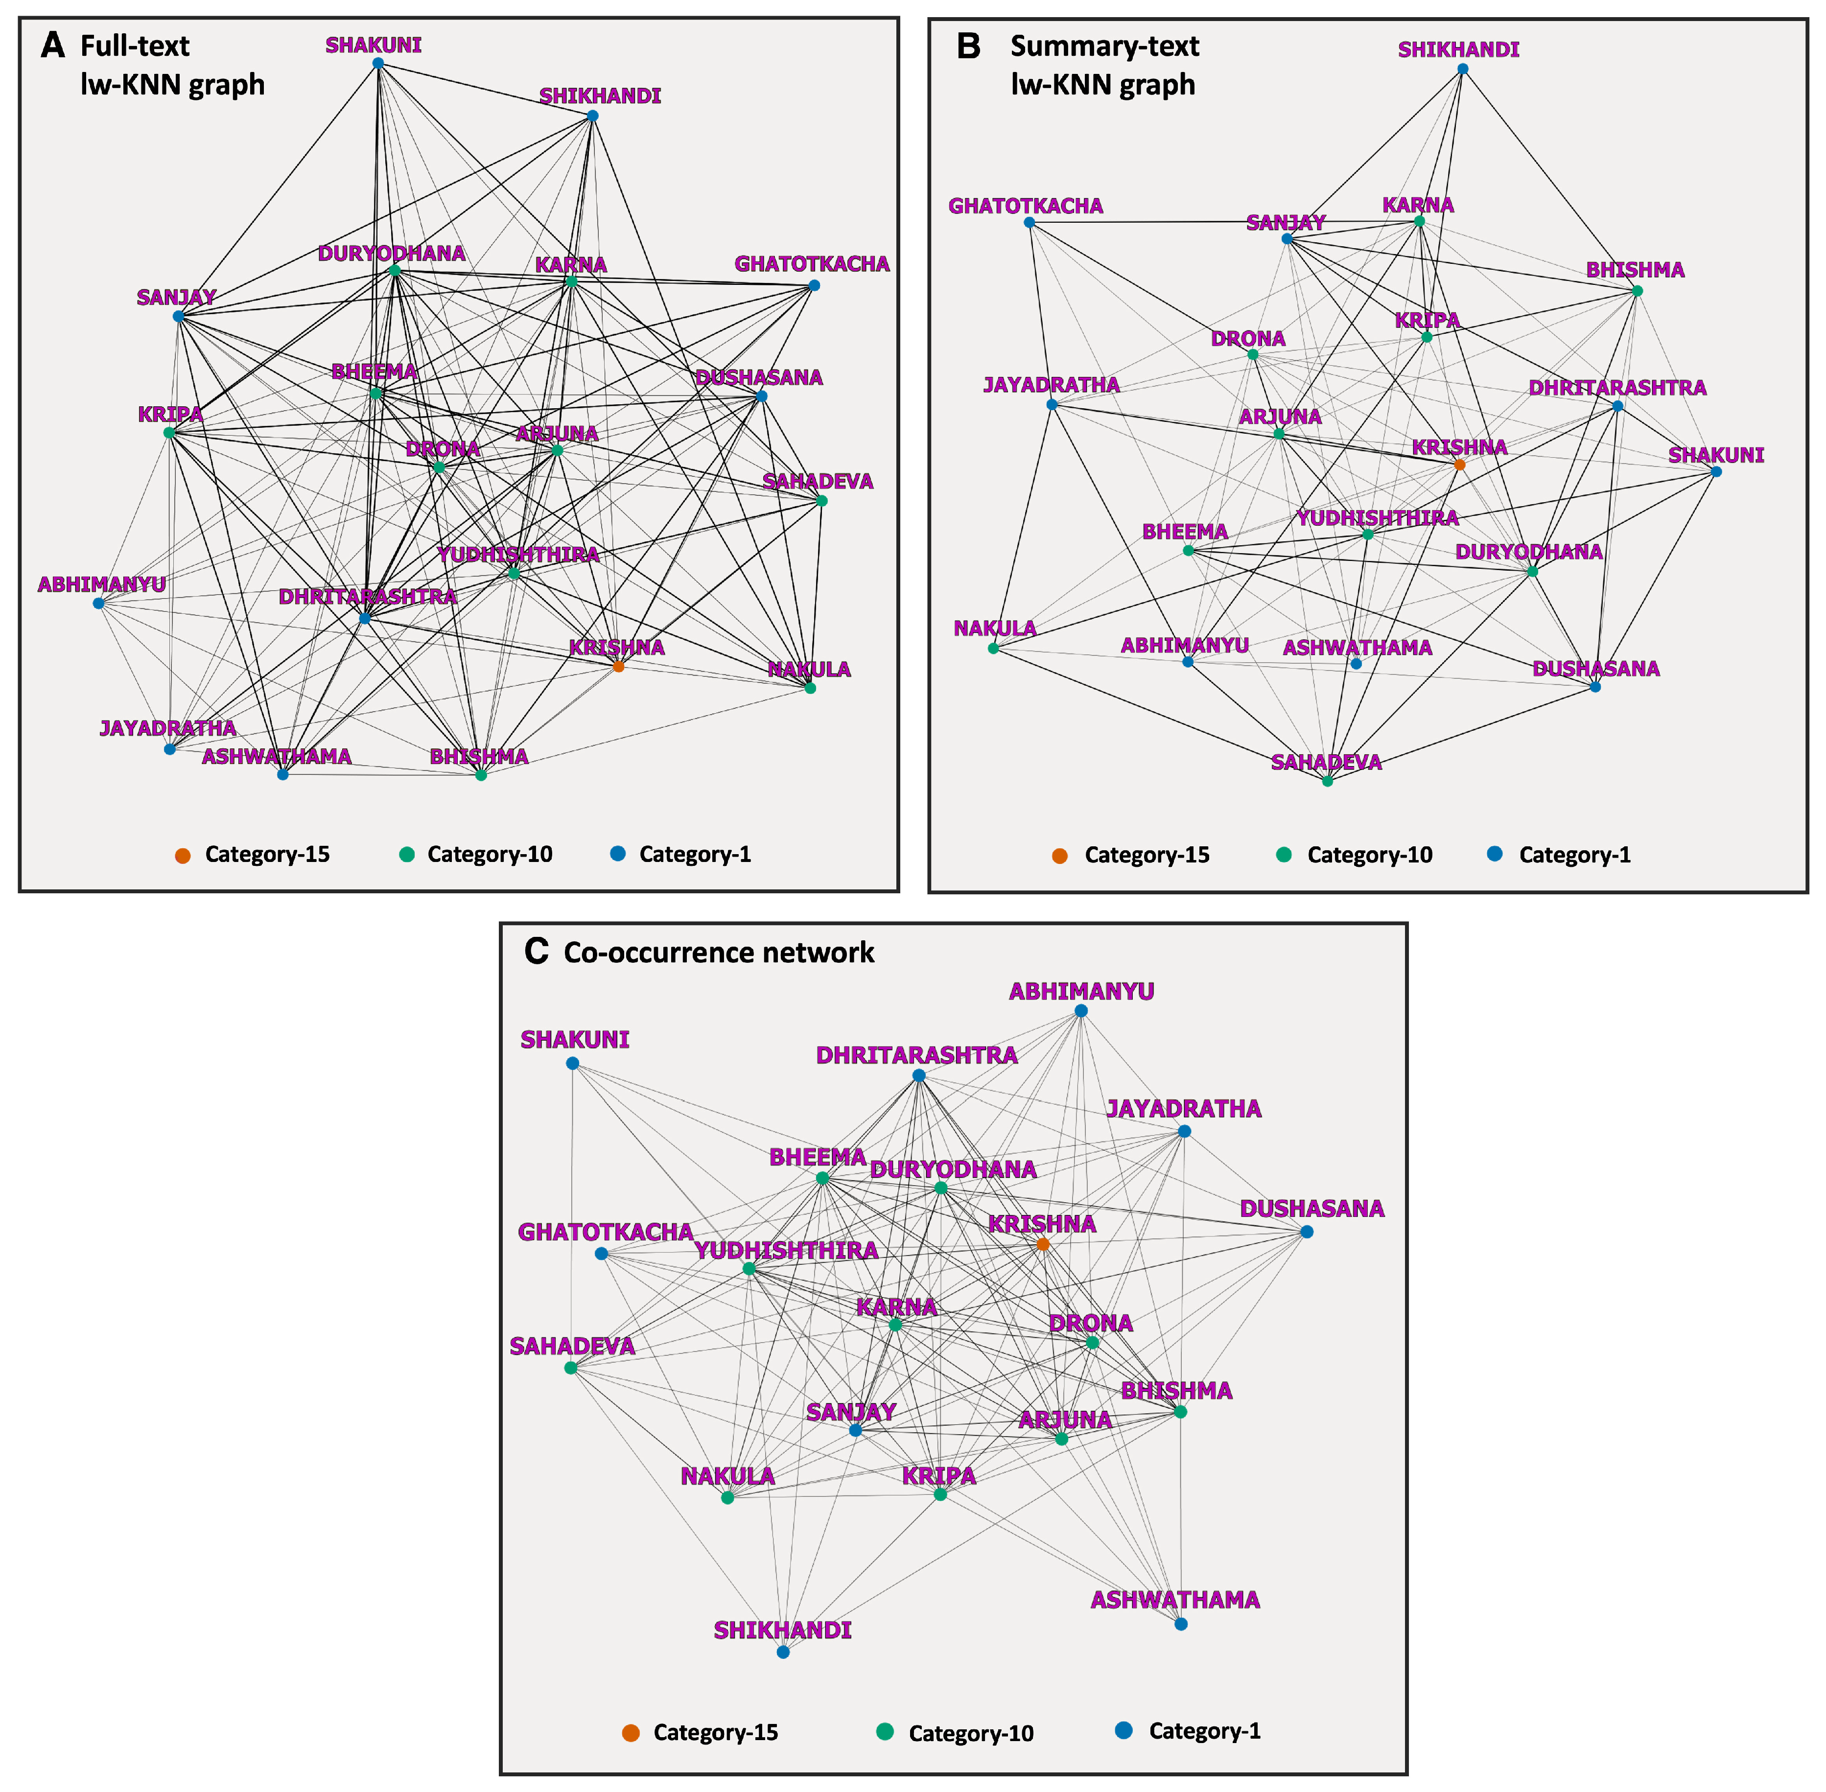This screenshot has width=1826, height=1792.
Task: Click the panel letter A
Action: pos(53,45)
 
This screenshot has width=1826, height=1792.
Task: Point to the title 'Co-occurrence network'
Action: pos(719,953)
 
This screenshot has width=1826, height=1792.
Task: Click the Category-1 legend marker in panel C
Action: pos(1123,1730)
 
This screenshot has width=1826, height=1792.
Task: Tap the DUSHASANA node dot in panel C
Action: pos(1307,1231)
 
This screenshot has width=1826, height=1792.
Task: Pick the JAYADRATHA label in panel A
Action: pos(167,727)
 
